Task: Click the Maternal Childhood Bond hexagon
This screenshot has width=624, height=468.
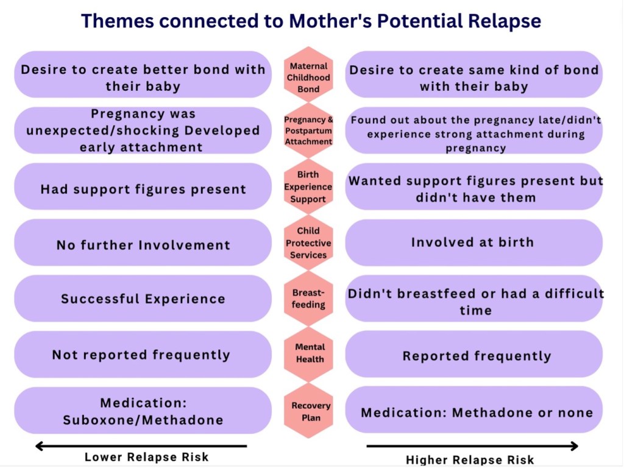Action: pyautogui.click(x=308, y=77)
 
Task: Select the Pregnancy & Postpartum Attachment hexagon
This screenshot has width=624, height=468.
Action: pyautogui.click(x=308, y=130)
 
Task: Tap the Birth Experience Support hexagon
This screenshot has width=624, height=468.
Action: pyautogui.click(x=308, y=186)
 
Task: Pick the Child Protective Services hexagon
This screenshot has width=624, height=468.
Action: pyautogui.click(x=308, y=243)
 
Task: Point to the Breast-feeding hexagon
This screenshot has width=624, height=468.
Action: pyautogui.click(x=308, y=299)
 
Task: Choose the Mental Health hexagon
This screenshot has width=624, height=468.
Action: pyautogui.click(x=310, y=353)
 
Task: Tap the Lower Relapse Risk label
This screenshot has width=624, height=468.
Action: pyautogui.click(x=146, y=457)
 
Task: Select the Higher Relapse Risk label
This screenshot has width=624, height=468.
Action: pyautogui.click(x=470, y=459)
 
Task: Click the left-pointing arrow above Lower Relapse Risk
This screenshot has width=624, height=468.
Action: pyautogui.click(x=141, y=446)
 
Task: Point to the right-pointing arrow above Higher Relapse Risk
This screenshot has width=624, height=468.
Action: pyautogui.click(x=472, y=446)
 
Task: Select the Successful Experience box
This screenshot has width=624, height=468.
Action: pyautogui.click(x=143, y=299)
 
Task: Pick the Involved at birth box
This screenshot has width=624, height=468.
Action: pyautogui.click(x=473, y=243)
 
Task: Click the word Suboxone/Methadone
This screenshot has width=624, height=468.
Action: pyautogui.click(x=143, y=420)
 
